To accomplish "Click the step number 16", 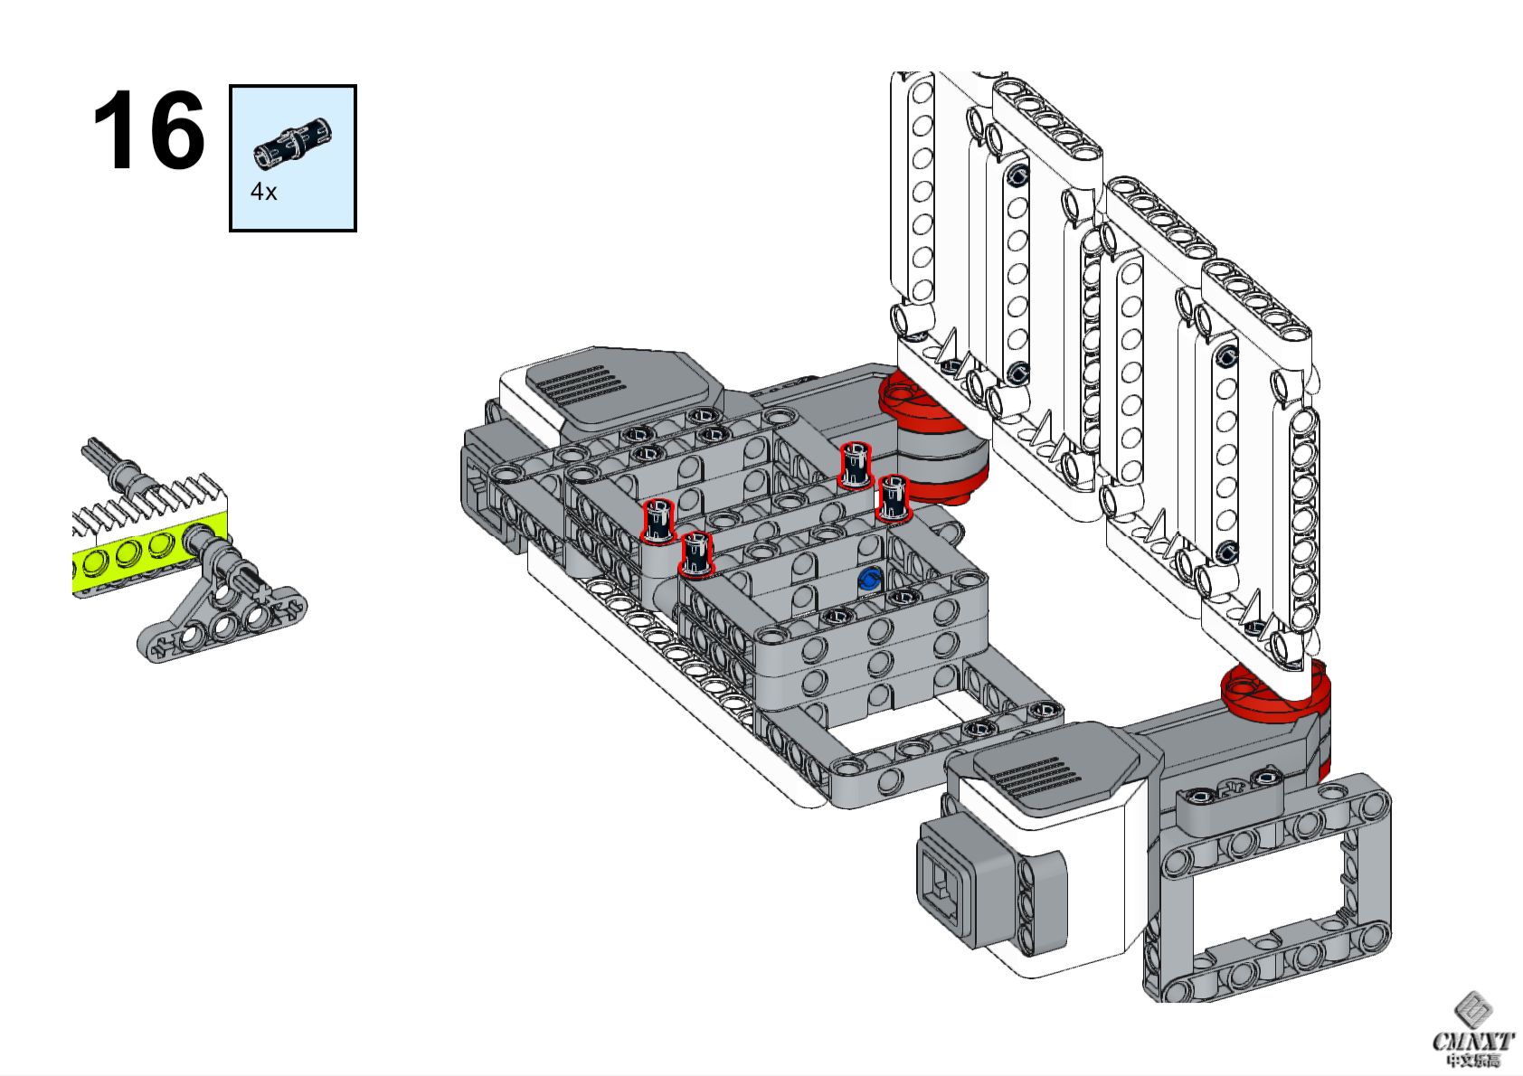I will [148, 130].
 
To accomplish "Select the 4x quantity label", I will [263, 192].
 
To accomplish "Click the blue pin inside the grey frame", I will [869, 580].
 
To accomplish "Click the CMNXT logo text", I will [1472, 1042].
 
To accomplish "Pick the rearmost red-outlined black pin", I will [855, 465].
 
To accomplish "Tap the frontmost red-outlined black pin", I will [695, 553].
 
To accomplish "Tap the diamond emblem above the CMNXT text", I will [1472, 1009].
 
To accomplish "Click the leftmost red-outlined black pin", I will [658, 521].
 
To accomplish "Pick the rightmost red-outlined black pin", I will [893, 498].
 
